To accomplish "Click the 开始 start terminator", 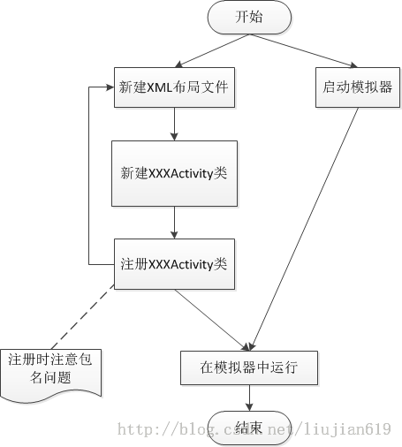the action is click(249, 17).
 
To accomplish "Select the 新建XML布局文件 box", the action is click(174, 87).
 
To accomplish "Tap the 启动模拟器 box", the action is click(358, 87).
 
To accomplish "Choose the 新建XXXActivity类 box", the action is click(174, 173).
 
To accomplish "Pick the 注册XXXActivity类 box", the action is click(174, 264).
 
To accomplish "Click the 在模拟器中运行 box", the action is click(249, 367).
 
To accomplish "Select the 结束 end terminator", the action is click(249, 428).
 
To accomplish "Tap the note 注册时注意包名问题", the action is click(51, 374).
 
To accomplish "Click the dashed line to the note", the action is click(83, 316).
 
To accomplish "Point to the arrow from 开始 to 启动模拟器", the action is click(304, 50).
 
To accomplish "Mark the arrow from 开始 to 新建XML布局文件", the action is click(212, 50).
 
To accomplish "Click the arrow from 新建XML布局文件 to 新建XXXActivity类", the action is click(174, 124).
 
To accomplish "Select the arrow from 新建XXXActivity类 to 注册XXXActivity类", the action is click(174, 223).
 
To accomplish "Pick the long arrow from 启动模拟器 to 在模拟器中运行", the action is click(304, 229).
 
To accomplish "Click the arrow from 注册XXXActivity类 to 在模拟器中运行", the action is click(212, 320).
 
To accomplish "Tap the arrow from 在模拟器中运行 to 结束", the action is click(249, 398).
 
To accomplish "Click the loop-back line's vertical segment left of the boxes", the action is click(89, 176).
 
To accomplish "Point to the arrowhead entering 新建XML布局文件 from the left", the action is click(110, 87).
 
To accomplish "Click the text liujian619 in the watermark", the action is click(347, 429).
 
